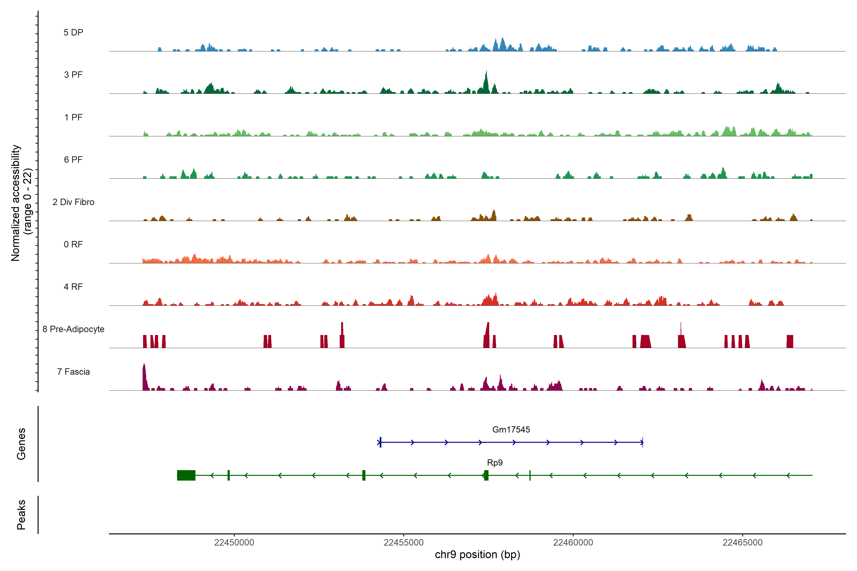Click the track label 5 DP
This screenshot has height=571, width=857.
tap(73, 32)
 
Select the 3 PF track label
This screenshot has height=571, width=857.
tap(73, 75)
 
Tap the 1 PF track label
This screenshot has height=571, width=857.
tap(73, 117)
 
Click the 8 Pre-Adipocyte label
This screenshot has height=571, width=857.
tap(73, 329)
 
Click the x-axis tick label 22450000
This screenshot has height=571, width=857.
tap(234, 543)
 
